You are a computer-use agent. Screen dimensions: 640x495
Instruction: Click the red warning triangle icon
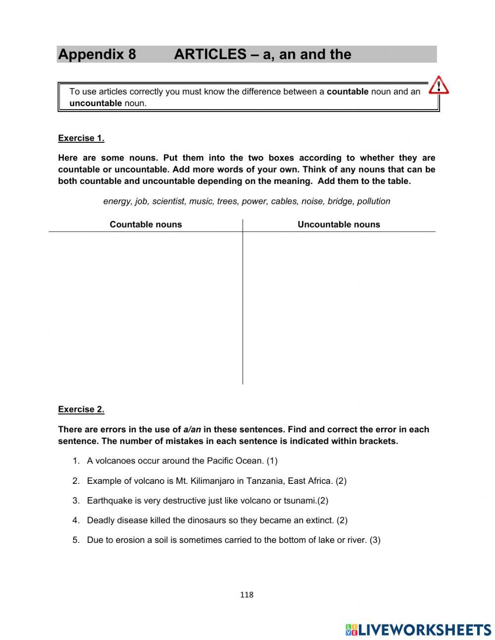point(439,85)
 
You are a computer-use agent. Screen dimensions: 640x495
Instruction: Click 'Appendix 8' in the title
point(97,55)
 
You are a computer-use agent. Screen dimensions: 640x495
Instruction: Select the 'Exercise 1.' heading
point(81,138)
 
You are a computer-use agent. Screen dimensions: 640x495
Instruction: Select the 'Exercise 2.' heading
point(81,409)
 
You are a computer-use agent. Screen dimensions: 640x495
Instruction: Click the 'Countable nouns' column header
point(146,225)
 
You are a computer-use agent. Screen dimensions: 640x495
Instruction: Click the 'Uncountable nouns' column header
point(339,225)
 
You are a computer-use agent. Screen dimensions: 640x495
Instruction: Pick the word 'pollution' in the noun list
point(373,201)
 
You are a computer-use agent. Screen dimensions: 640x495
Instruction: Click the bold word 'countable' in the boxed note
point(347,92)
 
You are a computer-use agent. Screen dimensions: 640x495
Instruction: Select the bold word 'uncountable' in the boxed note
point(96,104)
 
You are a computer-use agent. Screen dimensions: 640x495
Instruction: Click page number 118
point(247,595)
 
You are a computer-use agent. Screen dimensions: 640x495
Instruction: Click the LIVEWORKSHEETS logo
point(418,630)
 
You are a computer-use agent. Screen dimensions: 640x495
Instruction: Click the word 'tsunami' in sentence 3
point(299,501)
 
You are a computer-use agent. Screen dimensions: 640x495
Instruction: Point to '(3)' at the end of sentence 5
point(375,540)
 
